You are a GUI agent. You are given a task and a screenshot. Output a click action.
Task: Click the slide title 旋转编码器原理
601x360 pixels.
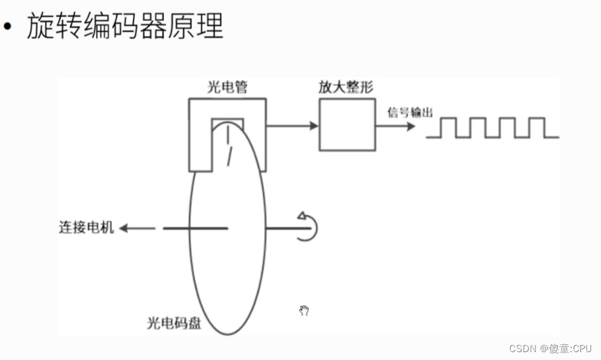click(125, 27)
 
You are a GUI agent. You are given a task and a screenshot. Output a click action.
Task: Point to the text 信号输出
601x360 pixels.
click(410, 113)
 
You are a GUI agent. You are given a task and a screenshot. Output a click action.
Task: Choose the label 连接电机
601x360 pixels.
click(86, 228)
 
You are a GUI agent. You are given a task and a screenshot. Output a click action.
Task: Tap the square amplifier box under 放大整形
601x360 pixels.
click(348, 126)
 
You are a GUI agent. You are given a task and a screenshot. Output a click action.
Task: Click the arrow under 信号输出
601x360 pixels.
click(397, 126)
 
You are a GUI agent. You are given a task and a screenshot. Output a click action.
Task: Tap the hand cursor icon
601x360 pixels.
click(303, 311)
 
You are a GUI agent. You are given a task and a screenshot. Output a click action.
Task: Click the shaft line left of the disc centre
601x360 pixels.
click(194, 228)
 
